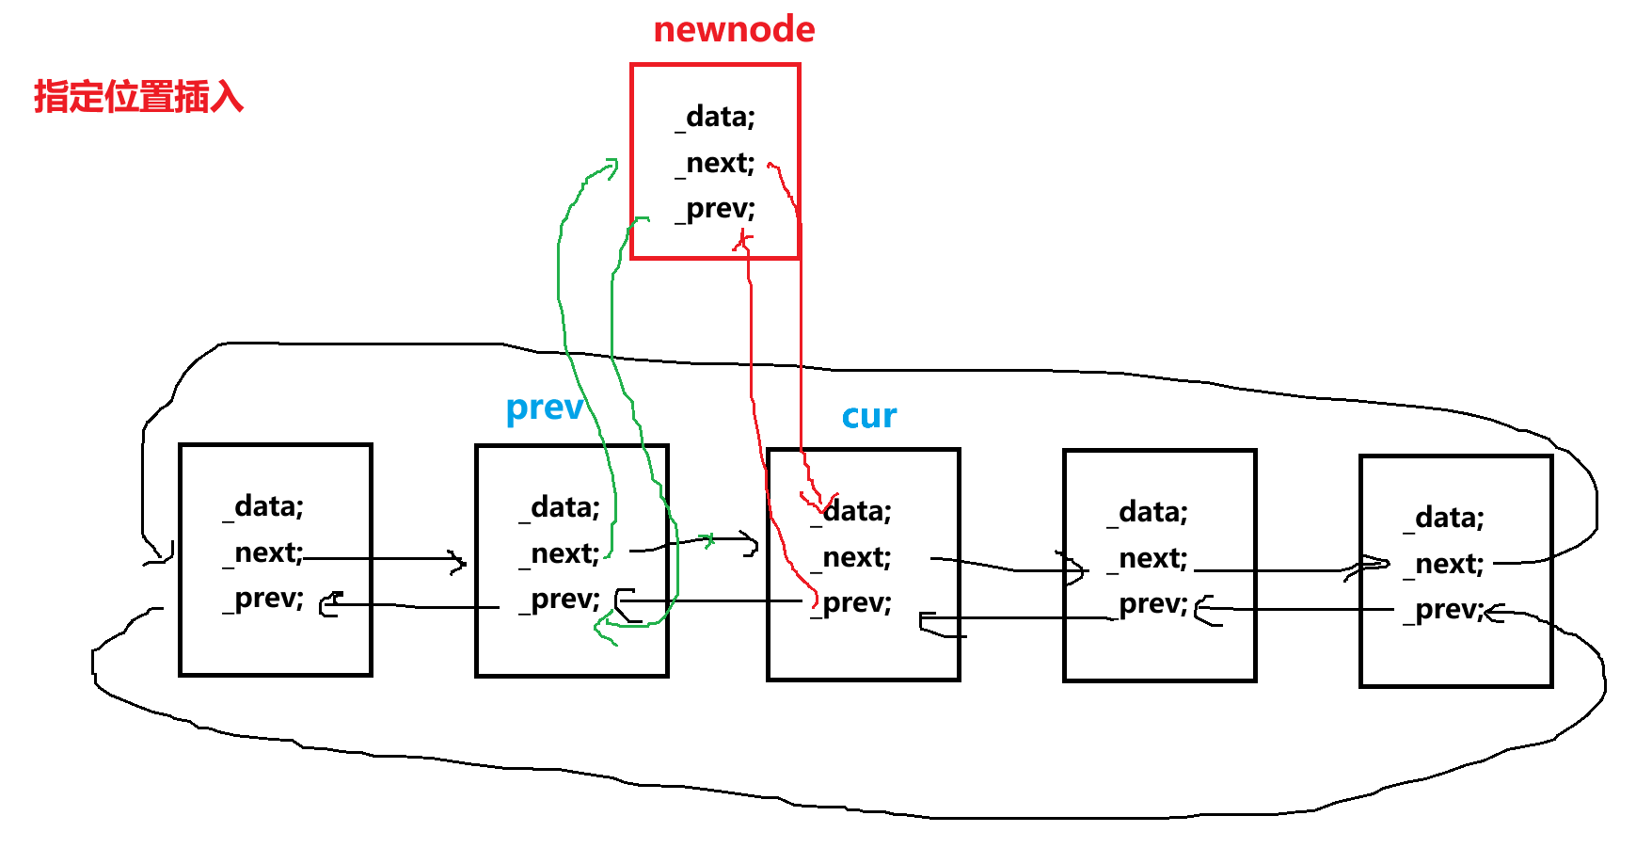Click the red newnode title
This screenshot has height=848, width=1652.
click(x=734, y=29)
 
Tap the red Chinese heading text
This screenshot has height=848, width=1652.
click(x=138, y=96)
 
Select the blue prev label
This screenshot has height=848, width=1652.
click(x=545, y=408)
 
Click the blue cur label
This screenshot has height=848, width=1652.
click(x=869, y=416)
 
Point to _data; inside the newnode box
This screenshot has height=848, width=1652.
click(x=716, y=117)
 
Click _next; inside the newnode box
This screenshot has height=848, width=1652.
click(x=716, y=163)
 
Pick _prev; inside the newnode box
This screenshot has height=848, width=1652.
click(x=716, y=208)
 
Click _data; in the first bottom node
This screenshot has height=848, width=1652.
click(x=263, y=506)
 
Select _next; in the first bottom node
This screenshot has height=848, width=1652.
click(x=263, y=552)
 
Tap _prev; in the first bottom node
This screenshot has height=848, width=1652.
click(x=263, y=599)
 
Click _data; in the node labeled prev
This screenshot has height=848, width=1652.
click(x=560, y=507)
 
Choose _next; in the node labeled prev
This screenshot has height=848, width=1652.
click(x=560, y=553)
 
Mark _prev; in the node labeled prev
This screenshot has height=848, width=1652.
click(x=560, y=600)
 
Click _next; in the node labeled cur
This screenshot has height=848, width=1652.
click(x=851, y=557)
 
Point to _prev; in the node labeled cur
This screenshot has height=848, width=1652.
click(x=851, y=603)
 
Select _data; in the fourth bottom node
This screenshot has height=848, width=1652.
click(x=1148, y=512)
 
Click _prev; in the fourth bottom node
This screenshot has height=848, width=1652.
click(x=1148, y=604)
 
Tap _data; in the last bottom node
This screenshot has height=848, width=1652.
click(x=1444, y=518)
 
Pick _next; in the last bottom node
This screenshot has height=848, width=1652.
click(x=1444, y=564)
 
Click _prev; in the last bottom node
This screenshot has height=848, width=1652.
click(x=1444, y=610)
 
